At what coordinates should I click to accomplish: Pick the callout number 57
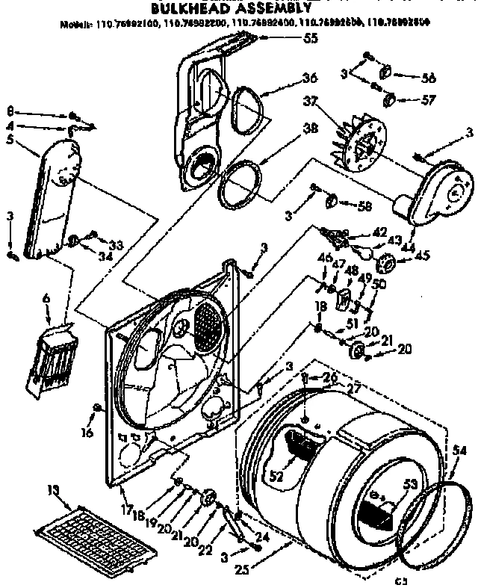[x=428, y=98]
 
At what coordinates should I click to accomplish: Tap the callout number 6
[x=46, y=298]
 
